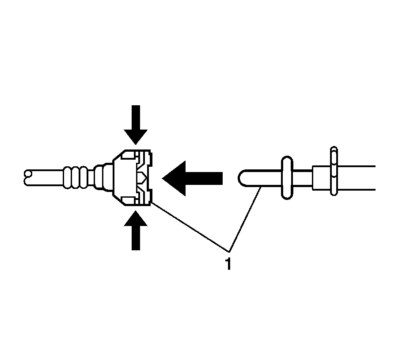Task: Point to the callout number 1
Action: point(228,264)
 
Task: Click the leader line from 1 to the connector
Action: point(190,226)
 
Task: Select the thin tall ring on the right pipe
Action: point(334,171)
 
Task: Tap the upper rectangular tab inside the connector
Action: point(129,155)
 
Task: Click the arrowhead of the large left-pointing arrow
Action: point(172,178)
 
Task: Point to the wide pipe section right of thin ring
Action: point(356,178)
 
